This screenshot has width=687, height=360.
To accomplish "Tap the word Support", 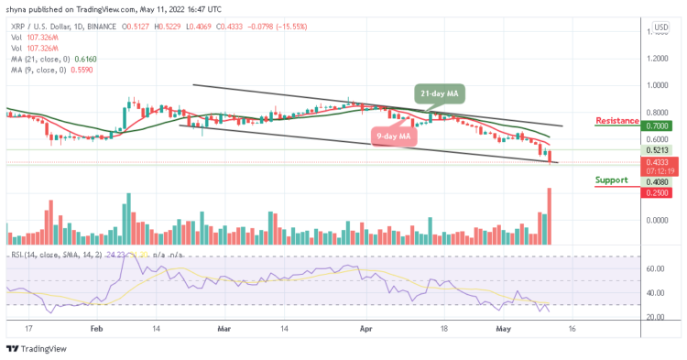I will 611,180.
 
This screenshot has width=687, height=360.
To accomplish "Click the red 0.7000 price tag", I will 658,126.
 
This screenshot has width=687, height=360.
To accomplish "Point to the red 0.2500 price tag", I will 658,192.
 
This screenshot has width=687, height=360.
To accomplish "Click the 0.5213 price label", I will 658,150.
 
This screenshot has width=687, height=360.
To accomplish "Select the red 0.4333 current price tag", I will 658,161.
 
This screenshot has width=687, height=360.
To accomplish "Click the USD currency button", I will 659,28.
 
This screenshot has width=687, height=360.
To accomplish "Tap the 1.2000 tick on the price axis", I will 657,58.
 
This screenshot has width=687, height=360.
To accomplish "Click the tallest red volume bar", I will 551,216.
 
